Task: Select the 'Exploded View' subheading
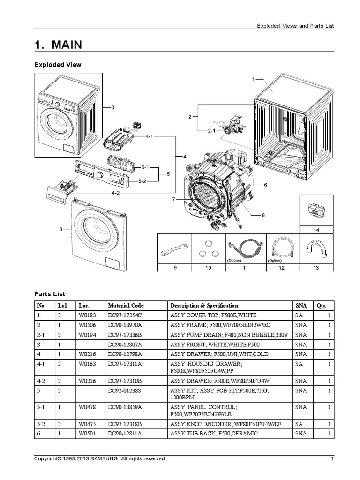tap(58, 65)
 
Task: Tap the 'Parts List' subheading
tap(50, 294)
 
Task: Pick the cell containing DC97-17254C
tap(124, 315)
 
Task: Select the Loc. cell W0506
tap(86, 325)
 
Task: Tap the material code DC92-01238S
tap(124, 390)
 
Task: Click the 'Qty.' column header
tap(321, 305)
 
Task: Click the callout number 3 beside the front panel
tap(60, 229)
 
